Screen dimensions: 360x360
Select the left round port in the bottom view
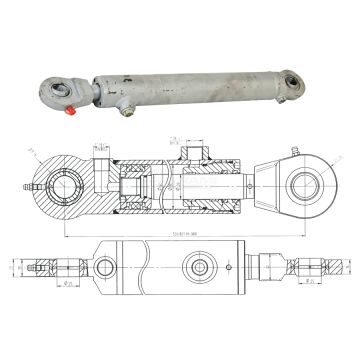[x=105, y=267]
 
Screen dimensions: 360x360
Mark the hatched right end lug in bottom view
[x=310, y=268]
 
